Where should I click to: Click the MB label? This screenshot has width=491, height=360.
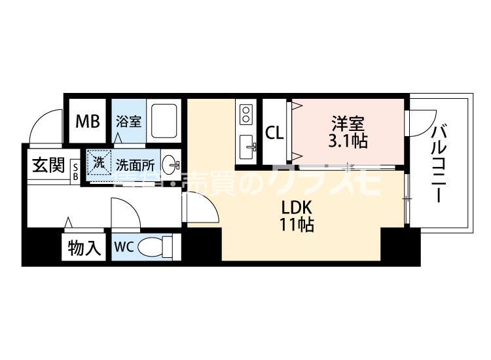[87, 122]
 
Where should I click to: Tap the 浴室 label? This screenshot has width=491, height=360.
[128, 122]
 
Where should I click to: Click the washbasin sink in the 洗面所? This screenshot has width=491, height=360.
[170, 164]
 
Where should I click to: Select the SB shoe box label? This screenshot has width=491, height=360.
[75, 171]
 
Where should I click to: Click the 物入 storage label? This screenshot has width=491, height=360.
[85, 248]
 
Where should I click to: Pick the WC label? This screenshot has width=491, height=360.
[125, 248]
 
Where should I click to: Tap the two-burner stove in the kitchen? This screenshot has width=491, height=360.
[246, 115]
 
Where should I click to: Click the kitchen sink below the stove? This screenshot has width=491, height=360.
[247, 145]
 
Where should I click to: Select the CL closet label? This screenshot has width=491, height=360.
[274, 132]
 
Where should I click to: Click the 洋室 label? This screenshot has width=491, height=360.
[347, 123]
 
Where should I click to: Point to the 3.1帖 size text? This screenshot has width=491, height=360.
[347, 140]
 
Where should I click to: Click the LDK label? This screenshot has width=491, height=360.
[299, 208]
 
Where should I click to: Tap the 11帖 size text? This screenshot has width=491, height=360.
[299, 226]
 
